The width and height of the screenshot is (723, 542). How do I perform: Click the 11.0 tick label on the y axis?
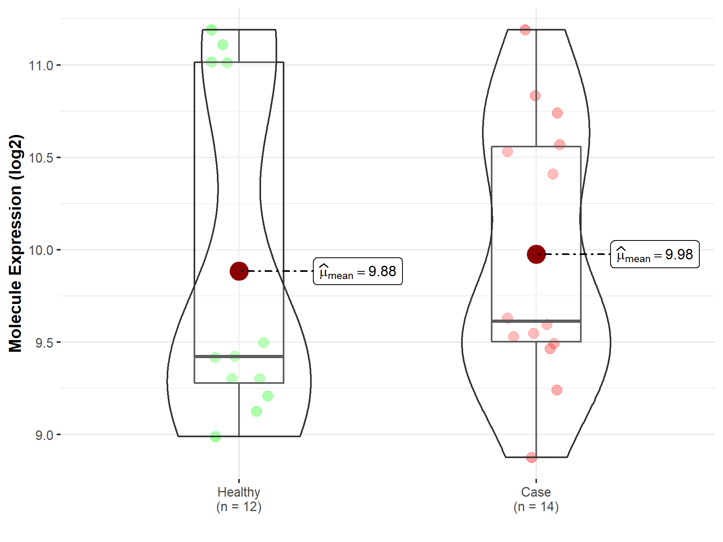tap(41, 65)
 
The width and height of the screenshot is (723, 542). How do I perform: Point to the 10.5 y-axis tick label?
tap(41, 158)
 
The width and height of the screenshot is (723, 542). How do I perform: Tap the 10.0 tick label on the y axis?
tap(41, 250)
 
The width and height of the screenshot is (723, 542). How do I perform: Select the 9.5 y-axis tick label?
tap(44, 343)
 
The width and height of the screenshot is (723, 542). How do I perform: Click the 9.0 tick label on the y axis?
tap(44, 435)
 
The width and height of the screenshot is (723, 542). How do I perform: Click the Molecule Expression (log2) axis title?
tap(16, 243)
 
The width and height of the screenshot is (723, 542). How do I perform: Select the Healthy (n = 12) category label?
tap(239, 499)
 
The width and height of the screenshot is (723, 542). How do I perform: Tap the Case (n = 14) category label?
tap(536, 499)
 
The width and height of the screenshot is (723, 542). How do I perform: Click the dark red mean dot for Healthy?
tap(239, 271)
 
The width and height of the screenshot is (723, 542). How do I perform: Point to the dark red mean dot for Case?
tap(536, 254)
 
